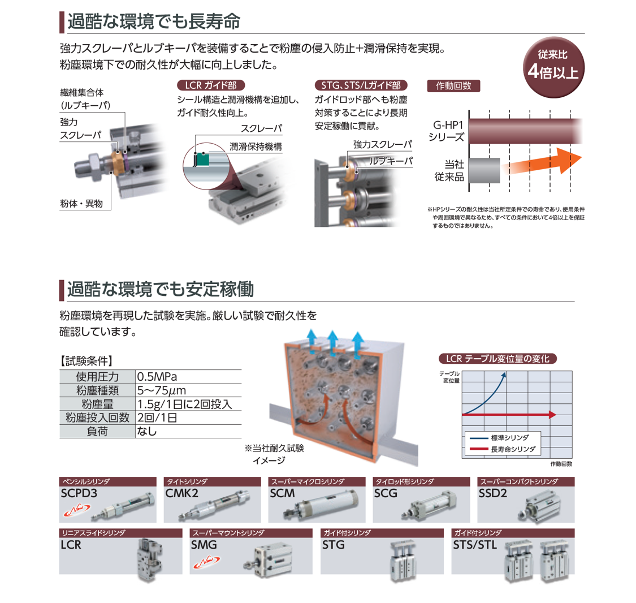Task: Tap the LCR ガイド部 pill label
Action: [211, 85]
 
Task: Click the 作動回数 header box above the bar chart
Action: [453, 86]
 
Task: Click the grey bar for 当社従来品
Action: [484, 170]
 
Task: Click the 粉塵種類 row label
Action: [97, 390]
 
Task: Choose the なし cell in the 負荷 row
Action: [147, 431]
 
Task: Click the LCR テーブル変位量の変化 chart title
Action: [497, 359]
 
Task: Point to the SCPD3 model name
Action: [79, 493]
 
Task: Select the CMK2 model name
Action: [181, 493]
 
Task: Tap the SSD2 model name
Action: [492, 493]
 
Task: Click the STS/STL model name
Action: [475, 545]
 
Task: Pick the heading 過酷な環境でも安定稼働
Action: [160, 289]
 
